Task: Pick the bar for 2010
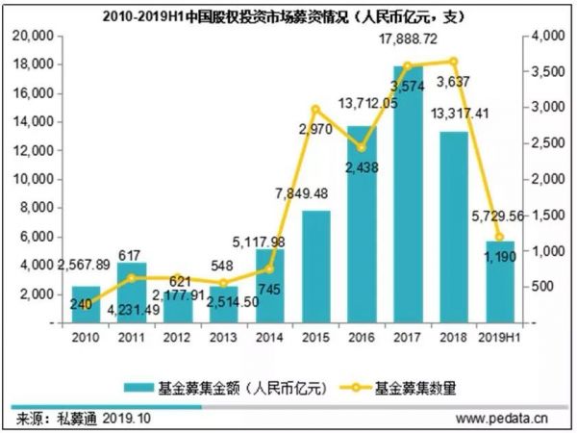tap(86, 303)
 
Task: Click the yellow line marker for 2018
tap(454, 62)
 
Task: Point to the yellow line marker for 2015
tap(316, 109)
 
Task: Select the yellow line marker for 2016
tap(363, 147)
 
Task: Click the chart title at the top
tap(288, 13)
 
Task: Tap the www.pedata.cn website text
tap(501, 419)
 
